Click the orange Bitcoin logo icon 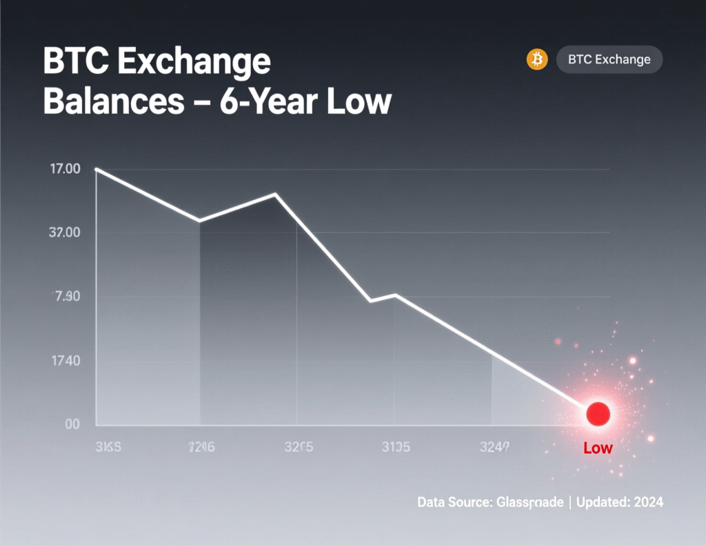[536, 59]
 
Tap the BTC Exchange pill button [609, 59]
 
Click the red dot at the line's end [598, 413]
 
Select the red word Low [598, 448]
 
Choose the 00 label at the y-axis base [72, 424]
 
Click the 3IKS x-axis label [107, 447]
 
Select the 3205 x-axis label [299, 447]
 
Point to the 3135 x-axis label [396, 447]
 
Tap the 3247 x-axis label [494, 447]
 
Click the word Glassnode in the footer [529, 502]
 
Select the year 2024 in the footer [647, 502]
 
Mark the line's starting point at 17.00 [97, 169]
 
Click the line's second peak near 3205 [275, 194]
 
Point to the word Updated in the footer [603, 502]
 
